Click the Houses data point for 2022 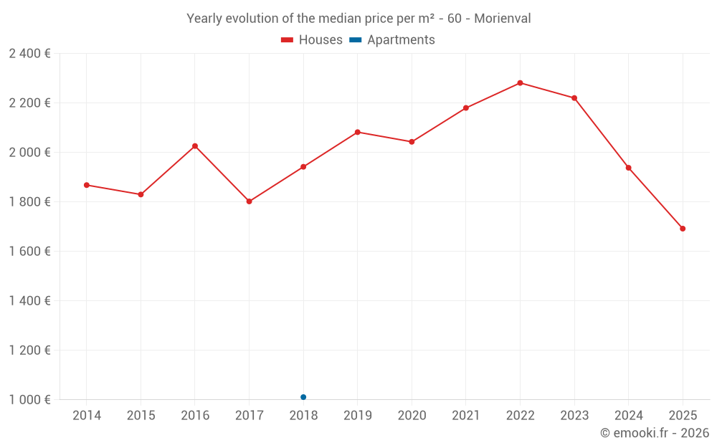click(x=520, y=83)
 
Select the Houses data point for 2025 click(x=683, y=229)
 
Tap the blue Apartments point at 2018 click(x=303, y=397)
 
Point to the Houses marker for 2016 click(x=195, y=146)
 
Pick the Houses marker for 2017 click(x=250, y=201)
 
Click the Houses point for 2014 click(x=87, y=185)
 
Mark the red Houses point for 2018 click(x=303, y=167)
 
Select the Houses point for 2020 click(x=412, y=142)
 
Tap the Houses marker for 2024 click(x=628, y=168)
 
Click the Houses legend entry click(x=312, y=40)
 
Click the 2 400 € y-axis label click(x=29, y=54)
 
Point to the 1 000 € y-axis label click(x=29, y=400)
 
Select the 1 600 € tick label click(x=29, y=252)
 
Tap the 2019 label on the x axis click(x=358, y=416)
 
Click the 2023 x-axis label click(x=574, y=416)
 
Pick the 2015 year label click(x=141, y=416)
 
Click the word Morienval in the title click(x=503, y=19)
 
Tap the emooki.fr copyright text click(x=655, y=433)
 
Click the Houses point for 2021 click(x=466, y=108)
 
